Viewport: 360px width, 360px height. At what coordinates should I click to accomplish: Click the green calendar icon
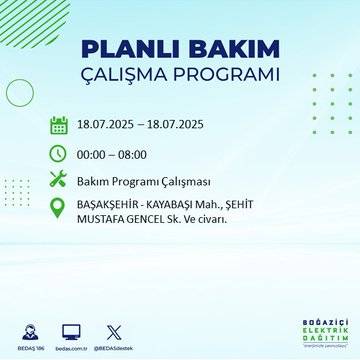click(x=58, y=126)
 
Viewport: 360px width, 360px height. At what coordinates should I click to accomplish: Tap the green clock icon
click(x=58, y=153)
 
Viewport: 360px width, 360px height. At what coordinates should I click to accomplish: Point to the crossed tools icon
click(x=58, y=180)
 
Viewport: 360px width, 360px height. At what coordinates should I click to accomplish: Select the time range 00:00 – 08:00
click(x=112, y=154)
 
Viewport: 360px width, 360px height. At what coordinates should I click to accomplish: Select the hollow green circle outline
click(x=20, y=92)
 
